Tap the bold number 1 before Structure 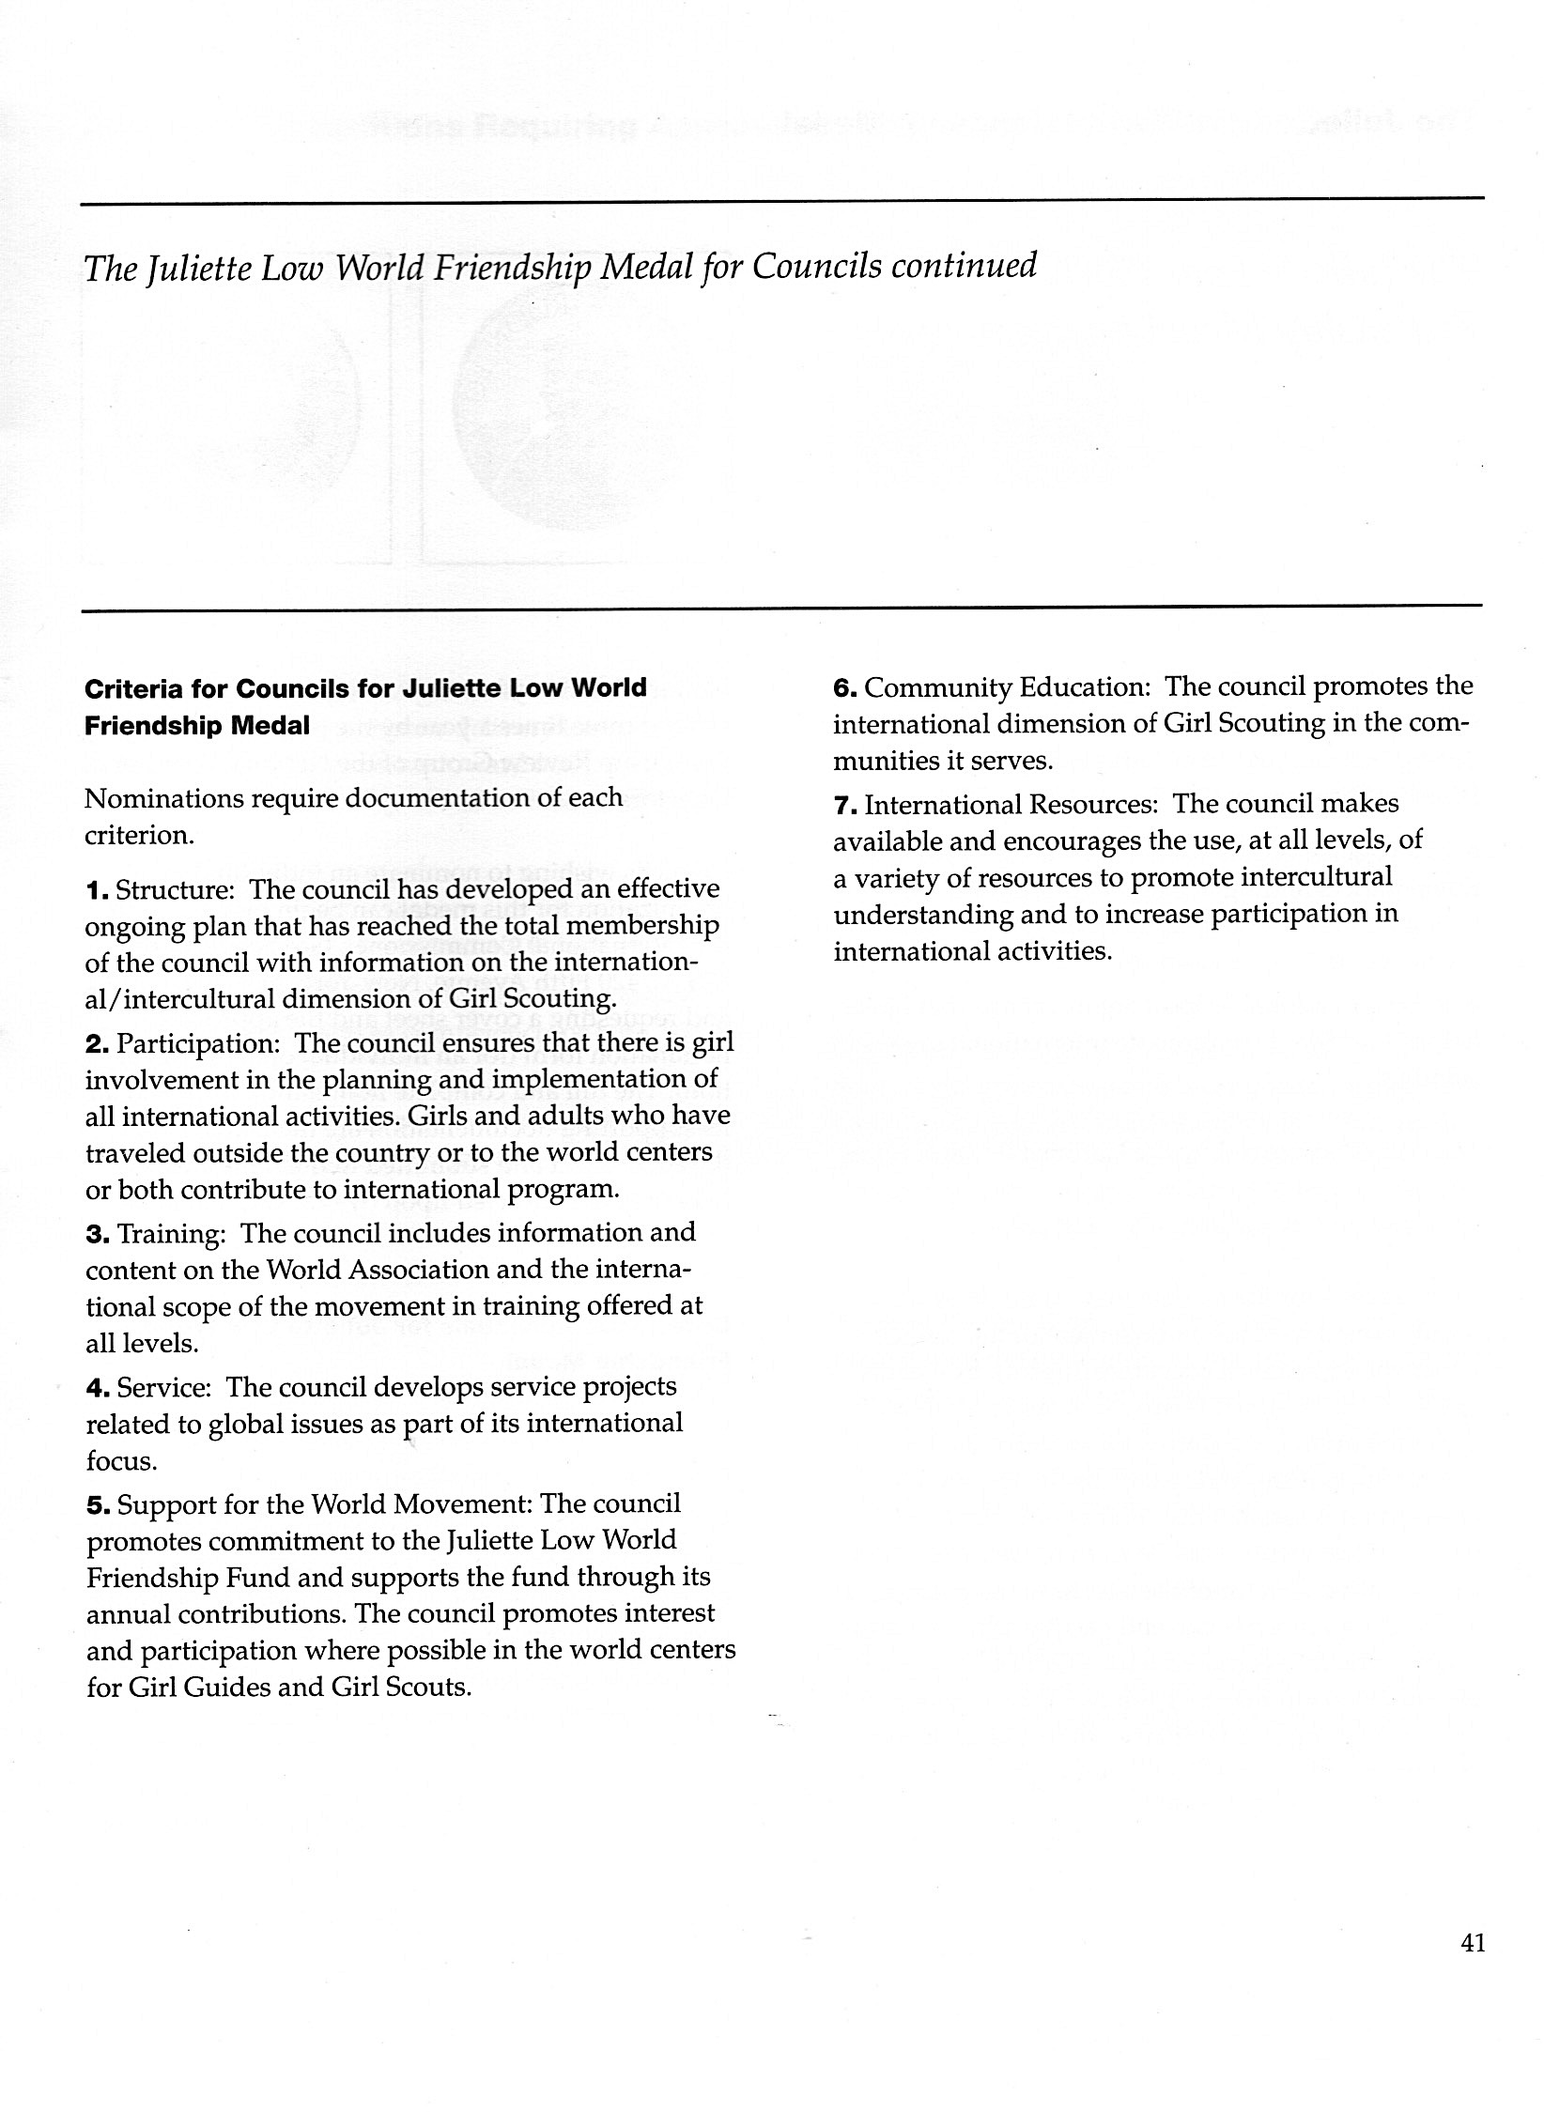tap(95, 889)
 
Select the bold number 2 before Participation tap(96, 1044)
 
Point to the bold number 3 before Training tap(96, 1234)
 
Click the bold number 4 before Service tap(96, 1388)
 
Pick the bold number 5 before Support tap(96, 1505)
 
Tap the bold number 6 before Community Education tap(843, 688)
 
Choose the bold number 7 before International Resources tap(843, 806)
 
